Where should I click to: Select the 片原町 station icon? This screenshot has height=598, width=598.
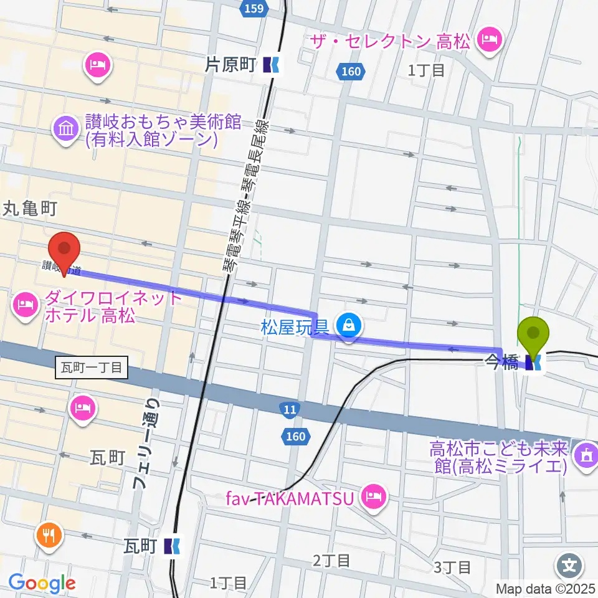(272, 64)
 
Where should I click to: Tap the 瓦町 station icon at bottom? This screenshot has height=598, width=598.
(172, 546)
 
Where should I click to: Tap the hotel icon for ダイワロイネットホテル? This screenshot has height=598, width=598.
(24, 305)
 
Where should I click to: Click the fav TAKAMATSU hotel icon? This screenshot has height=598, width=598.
(373, 497)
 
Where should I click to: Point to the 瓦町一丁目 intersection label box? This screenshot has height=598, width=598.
(92, 368)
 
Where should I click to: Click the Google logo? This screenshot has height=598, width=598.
(42, 583)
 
